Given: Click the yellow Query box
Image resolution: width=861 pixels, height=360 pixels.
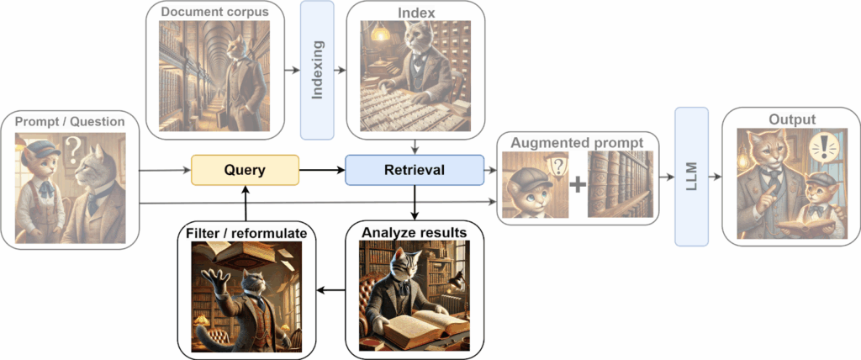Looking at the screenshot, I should coord(245,170).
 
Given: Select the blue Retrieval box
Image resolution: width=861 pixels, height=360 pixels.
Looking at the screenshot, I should coord(414,170).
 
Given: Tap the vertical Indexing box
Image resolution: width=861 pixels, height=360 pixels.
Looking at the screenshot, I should coord(317,70).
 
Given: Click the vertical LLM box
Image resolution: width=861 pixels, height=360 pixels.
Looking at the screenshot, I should coord(691,177).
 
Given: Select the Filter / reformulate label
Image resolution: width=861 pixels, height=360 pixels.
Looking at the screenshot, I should coord(246,230).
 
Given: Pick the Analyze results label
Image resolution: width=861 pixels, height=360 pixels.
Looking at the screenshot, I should coord(413,230).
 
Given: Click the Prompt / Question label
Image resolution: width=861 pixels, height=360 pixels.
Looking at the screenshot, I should coord(70,122).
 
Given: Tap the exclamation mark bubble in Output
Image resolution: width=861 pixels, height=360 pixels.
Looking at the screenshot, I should coord(824,151).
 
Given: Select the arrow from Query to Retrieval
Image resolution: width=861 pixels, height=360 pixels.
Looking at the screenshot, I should coord(322,170).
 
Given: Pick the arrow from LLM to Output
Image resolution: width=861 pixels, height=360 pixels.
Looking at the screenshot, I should coord(716,177).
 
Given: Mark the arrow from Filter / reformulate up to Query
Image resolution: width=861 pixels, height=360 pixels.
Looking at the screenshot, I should coord(245,202).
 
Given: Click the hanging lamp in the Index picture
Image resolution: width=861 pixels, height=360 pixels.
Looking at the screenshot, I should coord(380,32).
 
